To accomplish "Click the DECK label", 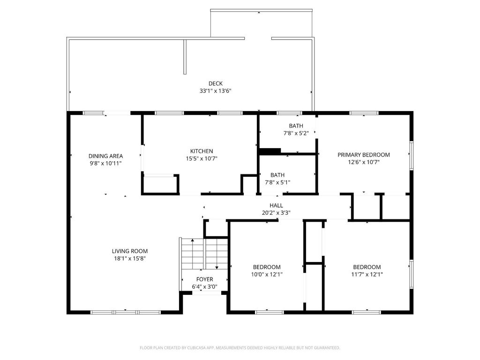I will point(216,83).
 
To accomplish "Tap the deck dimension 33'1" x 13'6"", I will point(216,91).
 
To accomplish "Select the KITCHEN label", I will point(202,151).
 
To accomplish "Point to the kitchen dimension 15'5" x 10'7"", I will point(202,158).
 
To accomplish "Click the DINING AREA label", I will point(105,156).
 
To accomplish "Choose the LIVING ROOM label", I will point(130,251).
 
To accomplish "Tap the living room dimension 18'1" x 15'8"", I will point(130,258).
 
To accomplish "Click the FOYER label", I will point(204,279).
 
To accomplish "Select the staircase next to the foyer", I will point(204,254).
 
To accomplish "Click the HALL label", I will point(276,205).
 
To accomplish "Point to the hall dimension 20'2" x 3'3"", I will point(276,212).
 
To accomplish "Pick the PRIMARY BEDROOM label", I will point(364,155).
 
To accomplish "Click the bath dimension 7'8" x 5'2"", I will point(296,133).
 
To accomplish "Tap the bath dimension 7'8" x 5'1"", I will point(277,182).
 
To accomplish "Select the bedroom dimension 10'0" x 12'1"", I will point(267,275).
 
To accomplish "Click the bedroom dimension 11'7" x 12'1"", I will point(367,275).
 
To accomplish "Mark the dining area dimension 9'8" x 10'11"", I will point(105,164).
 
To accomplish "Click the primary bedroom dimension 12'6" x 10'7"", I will point(364,162).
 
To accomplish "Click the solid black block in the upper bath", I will point(270,151).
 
